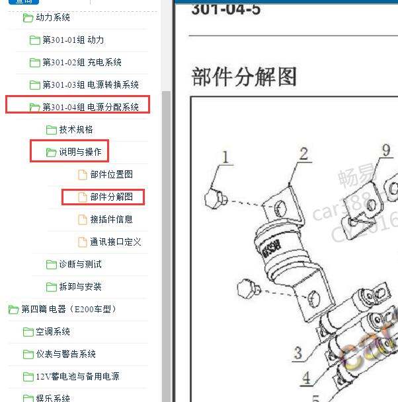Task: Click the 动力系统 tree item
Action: coord(52,18)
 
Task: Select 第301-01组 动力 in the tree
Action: coord(73,40)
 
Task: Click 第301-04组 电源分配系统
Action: coord(90,107)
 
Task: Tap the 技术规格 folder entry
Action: coord(76,130)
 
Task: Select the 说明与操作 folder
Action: coord(80,152)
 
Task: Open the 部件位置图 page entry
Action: coord(111,175)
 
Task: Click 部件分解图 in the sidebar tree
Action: coord(111,197)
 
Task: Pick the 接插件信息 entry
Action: coord(111,220)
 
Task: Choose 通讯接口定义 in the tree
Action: coord(115,242)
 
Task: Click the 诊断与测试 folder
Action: coord(80,265)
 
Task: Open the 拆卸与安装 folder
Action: coord(80,287)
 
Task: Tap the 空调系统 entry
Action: coord(53,332)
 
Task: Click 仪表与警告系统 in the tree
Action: coord(65,354)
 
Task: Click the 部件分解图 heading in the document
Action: coord(244,77)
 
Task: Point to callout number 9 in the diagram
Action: coord(386,151)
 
